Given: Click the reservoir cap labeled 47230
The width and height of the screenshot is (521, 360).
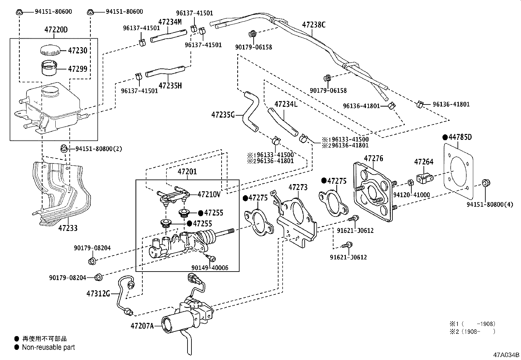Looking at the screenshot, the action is [x=50, y=50].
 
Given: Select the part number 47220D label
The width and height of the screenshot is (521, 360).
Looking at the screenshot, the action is [x=56, y=29].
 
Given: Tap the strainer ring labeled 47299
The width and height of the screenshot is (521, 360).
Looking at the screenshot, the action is [x=49, y=68].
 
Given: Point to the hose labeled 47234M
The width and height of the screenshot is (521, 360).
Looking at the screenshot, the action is [x=168, y=36].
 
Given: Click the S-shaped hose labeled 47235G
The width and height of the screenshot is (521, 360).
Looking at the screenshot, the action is [x=251, y=112].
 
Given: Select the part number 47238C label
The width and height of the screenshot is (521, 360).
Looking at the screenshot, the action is [x=314, y=25].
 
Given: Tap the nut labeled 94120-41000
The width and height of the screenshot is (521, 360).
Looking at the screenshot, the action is [x=410, y=183].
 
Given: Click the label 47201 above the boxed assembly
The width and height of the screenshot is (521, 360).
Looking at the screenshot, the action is [x=187, y=172].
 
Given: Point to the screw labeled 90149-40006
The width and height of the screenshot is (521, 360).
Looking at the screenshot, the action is [x=212, y=258].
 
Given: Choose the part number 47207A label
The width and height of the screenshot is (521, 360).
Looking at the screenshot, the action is [x=142, y=326].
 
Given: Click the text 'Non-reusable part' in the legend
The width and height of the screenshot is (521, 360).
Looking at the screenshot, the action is [x=48, y=347].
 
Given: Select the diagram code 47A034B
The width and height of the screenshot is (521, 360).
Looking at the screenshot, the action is [x=506, y=355].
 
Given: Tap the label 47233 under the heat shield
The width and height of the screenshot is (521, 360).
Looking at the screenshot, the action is [x=68, y=228].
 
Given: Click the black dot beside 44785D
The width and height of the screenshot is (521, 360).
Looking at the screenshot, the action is [x=445, y=137].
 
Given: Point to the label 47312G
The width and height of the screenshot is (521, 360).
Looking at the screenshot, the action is [x=98, y=294].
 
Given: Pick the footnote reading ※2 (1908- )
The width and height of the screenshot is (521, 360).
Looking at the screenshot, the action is [x=472, y=332].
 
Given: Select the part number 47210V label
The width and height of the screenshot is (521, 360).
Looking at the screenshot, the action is [x=209, y=195].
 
